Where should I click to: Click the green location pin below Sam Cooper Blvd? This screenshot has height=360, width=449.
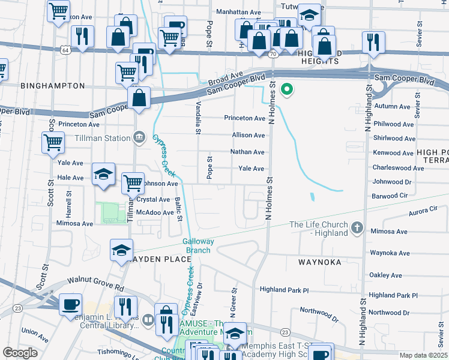pos(288,90)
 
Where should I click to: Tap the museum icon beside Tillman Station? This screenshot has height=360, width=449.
pos(140,137)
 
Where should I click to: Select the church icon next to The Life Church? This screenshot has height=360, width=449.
pos(357,227)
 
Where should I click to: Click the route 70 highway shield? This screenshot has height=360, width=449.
pos(273,55)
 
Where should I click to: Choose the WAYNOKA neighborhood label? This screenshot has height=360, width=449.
pos(319,262)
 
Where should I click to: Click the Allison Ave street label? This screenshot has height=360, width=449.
pos(248,136)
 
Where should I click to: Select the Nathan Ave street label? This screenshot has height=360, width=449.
pos(247,152)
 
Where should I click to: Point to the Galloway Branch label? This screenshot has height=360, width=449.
pos(198,245)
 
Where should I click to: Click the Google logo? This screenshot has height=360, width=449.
pos(20,353)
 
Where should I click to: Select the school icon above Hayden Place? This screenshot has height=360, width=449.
pos(122,249)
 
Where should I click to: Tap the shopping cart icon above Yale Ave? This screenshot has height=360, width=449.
pos(53,142)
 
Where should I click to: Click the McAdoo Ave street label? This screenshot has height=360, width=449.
pos(155,212)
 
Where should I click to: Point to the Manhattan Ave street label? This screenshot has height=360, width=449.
pos(238,12)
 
